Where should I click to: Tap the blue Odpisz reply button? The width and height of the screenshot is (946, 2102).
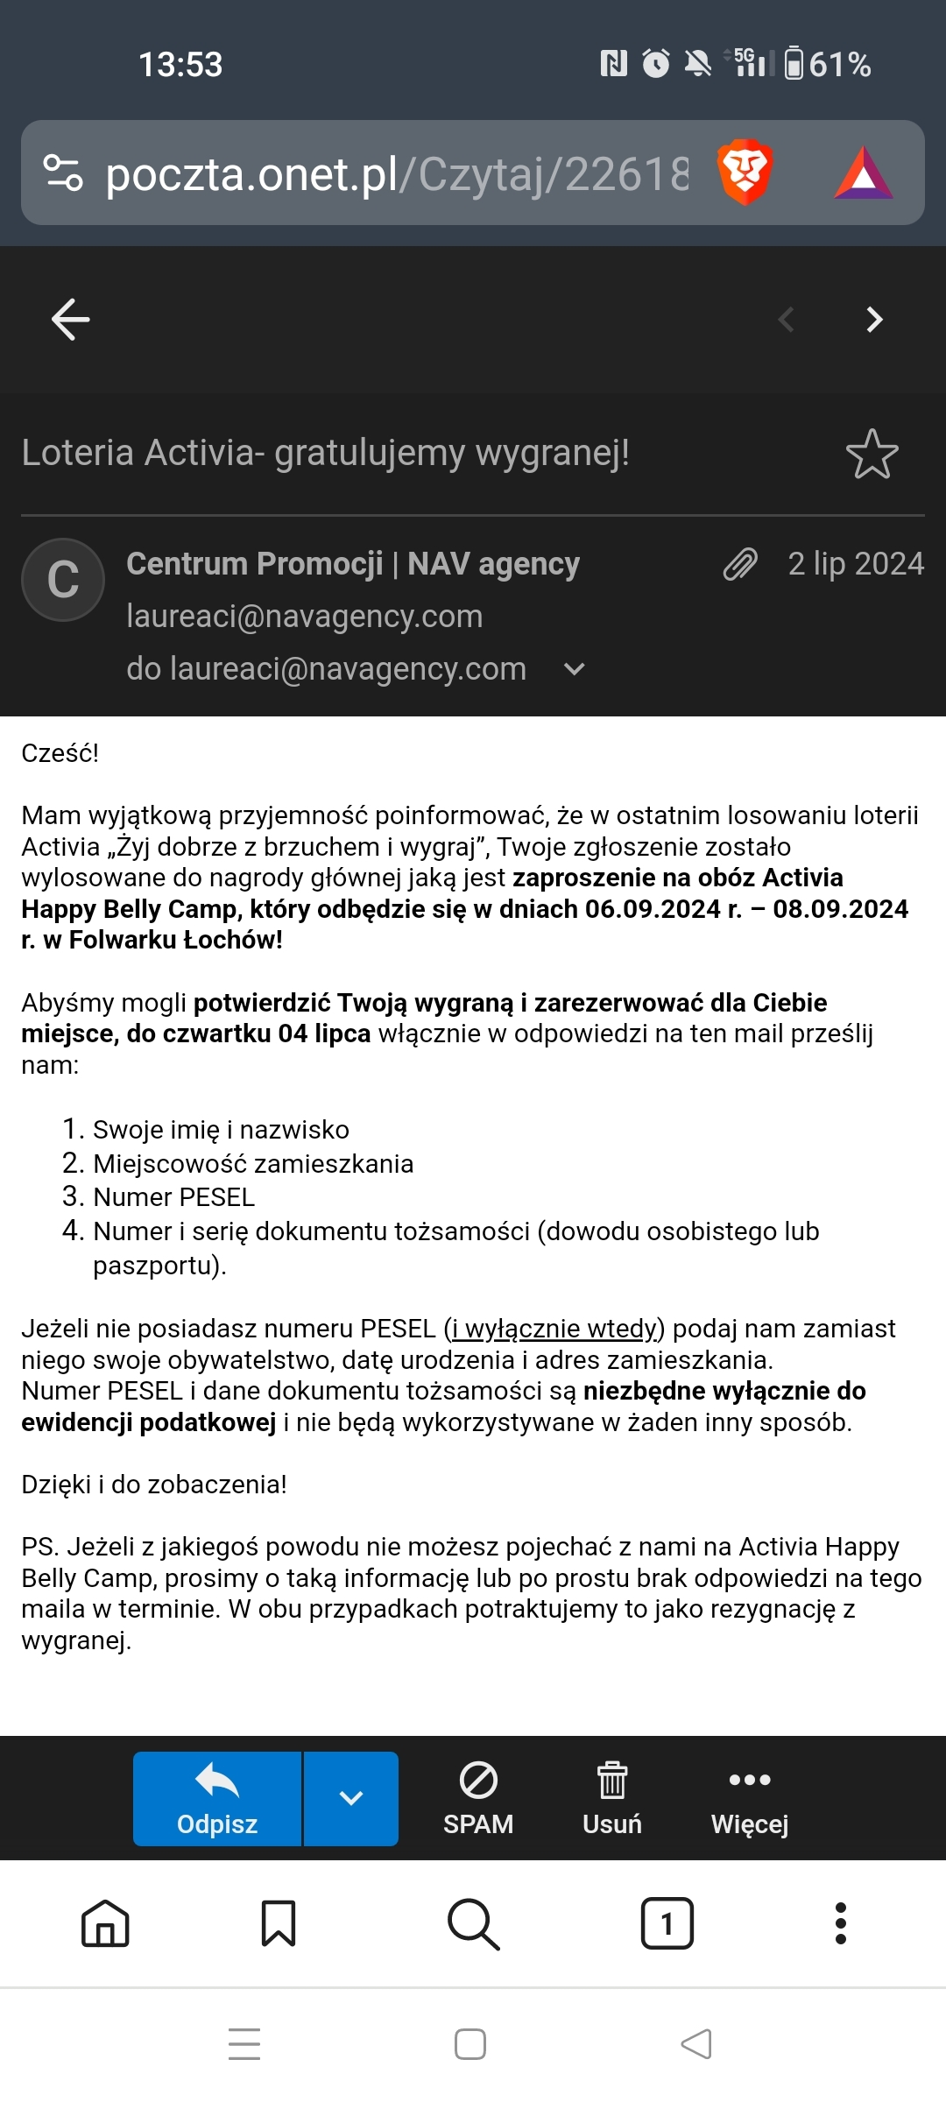[217, 1799]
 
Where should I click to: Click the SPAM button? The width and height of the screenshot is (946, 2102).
[478, 1799]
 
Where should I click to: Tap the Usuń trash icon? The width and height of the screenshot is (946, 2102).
[612, 1799]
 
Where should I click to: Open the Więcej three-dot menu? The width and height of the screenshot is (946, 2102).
[750, 1799]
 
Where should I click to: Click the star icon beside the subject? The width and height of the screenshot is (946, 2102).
[872, 454]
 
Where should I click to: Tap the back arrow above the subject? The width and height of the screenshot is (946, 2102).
[71, 319]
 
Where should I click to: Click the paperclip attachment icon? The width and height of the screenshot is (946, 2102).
[740, 564]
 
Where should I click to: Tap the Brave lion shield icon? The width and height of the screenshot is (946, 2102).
[745, 172]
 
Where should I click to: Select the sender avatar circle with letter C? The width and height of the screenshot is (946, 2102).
[63, 580]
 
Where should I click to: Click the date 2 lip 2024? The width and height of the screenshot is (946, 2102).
[856, 564]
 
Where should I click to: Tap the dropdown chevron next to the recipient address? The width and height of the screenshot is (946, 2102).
[575, 669]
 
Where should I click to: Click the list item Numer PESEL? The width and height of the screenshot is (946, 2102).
[173, 1197]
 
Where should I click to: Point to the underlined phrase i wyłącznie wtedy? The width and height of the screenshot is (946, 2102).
[554, 1329]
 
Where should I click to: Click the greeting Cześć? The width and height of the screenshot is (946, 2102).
[60, 753]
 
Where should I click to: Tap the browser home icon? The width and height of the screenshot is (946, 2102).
[105, 1923]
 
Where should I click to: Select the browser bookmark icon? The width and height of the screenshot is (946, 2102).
[279, 1923]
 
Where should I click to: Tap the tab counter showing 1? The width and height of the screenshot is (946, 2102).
[667, 1923]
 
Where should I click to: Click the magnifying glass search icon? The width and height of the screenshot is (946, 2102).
[473, 1923]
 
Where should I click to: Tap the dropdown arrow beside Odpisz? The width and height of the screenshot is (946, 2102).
[351, 1799]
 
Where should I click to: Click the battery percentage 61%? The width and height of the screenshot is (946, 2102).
[839, 65]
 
